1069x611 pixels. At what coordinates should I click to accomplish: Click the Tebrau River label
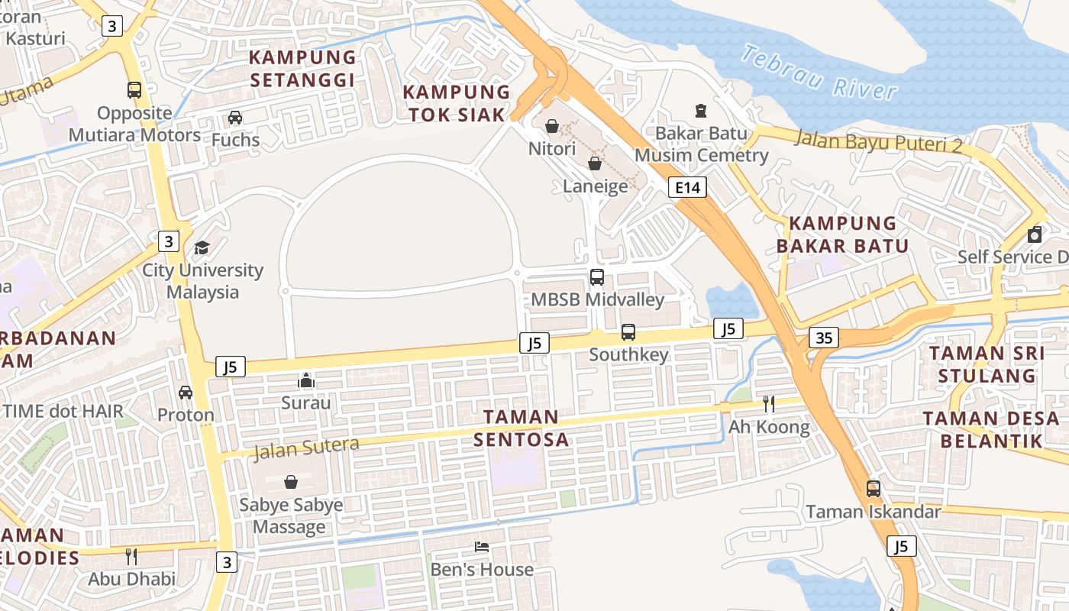pyautogui.click(x=819, y=73)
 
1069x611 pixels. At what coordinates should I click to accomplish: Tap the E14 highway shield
pyautogui.click(x=687, y=187)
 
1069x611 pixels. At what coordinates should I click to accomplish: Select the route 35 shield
pyautogui.click(x=824, y=337)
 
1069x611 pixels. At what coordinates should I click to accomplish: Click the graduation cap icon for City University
pyautogui.click(x=202, y=247)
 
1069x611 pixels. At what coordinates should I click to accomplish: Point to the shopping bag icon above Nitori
pyautogui.click(x=552, y=125)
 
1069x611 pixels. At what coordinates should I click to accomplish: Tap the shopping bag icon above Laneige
pyautogui.click(x=595, y=163)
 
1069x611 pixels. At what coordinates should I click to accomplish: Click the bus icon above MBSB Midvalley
pyautogui.click(x=597, y=277)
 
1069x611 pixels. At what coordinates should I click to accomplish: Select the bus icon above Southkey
pyautogui.click(x=628, y=332)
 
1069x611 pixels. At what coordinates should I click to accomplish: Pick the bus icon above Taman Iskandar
pyautogui.click(x=873, y=489)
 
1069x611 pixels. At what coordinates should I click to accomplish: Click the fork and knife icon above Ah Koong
pyautogui.click(x=769, y=404)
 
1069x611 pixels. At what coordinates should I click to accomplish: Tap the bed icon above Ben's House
pyautogui.click(x=482, y=547)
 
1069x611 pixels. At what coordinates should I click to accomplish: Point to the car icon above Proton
pyautogui.click(x=186, y=393)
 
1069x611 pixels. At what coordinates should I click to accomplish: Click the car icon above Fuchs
pyautogui.click(x=235, y=118)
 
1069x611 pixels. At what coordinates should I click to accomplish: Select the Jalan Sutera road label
pyautogui.click(x=305, y=448)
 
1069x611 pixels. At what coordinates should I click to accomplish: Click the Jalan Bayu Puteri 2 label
pyautogui.click(x=878, y=141)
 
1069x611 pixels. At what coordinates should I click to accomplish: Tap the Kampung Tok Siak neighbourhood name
pyautogui.click(x=457, y=103)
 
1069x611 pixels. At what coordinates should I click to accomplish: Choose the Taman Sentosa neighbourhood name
pyautogui.click(x=522, y=428)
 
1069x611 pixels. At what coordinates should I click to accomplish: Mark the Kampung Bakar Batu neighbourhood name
pyautogui.click(x=843, y=234)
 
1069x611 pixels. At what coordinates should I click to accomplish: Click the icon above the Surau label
pyautogui.click(x=306, y=380)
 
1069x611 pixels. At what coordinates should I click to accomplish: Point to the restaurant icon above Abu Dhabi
pyautogui.click(x=131, y=556)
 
